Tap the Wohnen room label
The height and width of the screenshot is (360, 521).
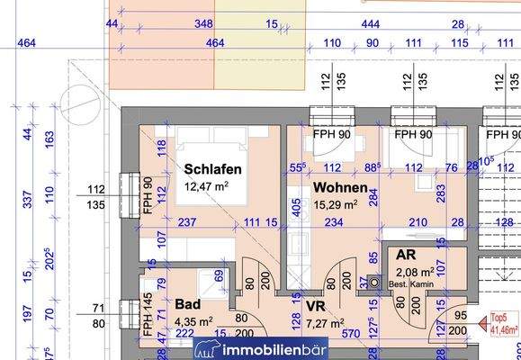340,188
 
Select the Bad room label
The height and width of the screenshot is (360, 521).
188,304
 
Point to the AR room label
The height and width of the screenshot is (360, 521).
406,255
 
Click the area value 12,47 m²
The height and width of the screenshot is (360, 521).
206,186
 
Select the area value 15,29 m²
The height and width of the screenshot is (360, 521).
336,204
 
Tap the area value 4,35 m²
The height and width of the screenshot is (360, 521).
193,320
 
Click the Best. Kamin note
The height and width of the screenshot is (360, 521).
410,283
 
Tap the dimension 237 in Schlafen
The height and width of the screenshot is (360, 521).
187,222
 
